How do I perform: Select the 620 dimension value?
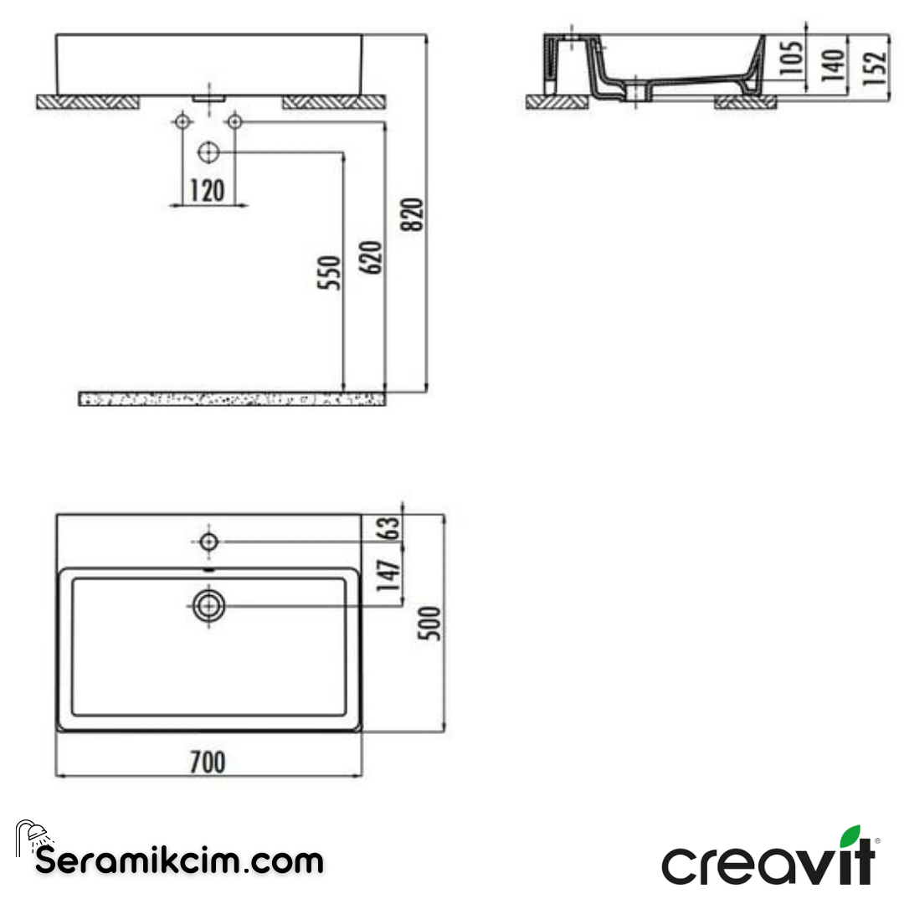click(372, 257)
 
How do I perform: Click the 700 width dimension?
click(208, 763)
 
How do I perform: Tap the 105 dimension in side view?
click(794, 58)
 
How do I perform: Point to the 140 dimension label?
click(832, 64)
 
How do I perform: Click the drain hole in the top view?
click(208, 605)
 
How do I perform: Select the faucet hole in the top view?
click(208, 541)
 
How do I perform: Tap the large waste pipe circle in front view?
click(208, 152)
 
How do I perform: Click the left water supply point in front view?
click(181, 122)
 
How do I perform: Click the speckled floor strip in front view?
click(232, 398)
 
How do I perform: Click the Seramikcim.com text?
click(179, 860)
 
